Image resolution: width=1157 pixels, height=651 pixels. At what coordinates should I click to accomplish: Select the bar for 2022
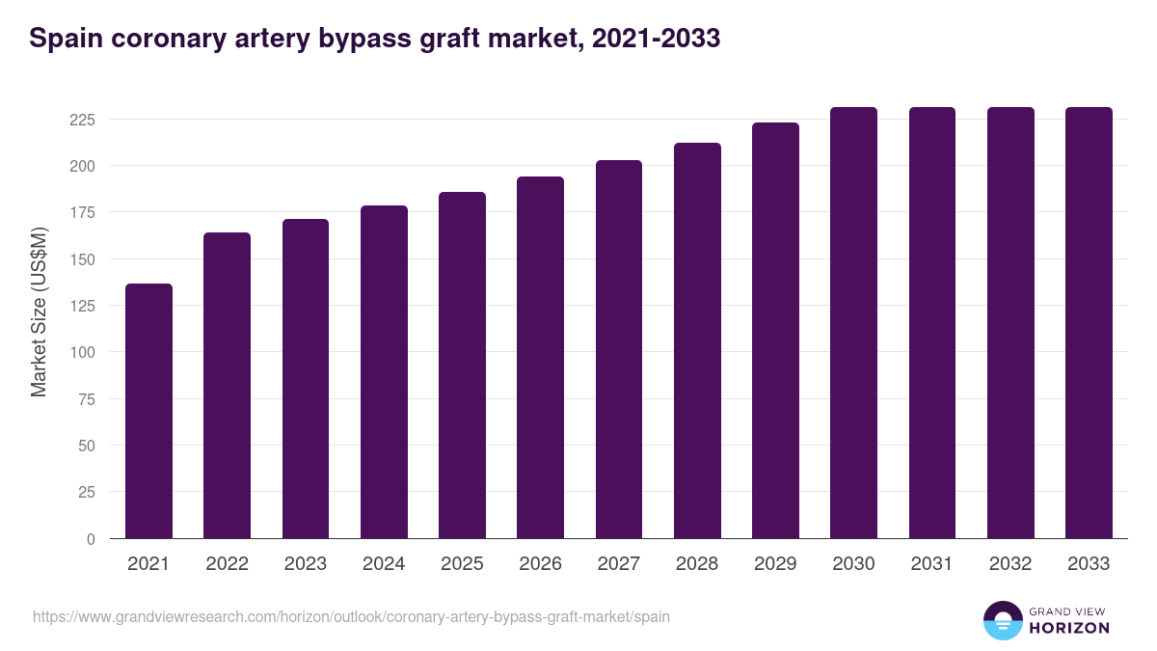(x=228, y=386)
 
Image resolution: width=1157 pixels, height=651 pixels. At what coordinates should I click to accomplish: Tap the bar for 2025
(x=462, y=366)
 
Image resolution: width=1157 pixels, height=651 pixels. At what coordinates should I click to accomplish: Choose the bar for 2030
(x=854, y=323)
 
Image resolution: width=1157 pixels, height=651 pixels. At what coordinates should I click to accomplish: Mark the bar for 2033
(x=1089, y=323)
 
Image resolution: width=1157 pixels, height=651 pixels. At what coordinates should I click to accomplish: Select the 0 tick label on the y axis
(x=91, y=539)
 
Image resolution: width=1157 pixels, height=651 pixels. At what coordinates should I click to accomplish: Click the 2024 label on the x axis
(x=384, y=564)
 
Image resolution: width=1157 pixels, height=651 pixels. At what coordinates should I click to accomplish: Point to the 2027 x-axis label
(x=619, y=564)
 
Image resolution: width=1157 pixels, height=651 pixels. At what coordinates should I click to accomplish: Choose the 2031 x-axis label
(x=932, y=564)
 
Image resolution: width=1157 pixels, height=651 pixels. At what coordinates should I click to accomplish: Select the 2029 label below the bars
(x=775, y=564)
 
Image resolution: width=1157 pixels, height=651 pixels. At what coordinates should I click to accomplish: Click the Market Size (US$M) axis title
(x=39, y=312)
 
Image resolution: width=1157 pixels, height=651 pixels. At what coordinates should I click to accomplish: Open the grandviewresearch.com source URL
(x=351, y=617)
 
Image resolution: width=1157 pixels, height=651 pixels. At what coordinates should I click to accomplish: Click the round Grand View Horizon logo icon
(x=1002, y=621)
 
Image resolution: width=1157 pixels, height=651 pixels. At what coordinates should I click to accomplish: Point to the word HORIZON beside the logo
(x=1069, y=628)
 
